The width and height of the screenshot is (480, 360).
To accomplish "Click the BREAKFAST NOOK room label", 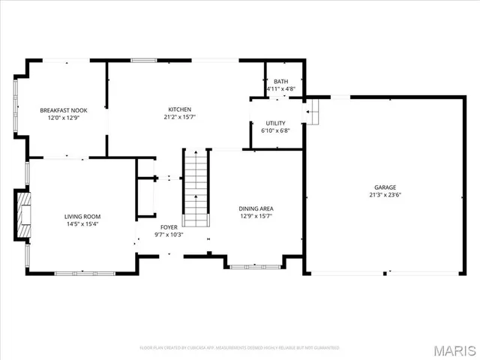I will (63, 110).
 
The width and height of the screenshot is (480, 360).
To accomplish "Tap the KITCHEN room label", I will (178, 109).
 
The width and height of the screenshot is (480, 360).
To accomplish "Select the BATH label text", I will (280, 82).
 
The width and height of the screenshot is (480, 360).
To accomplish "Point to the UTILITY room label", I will (275, 123).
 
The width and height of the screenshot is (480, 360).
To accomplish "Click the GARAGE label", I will (385, 187).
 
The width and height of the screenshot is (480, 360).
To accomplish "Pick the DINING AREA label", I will (256, 209).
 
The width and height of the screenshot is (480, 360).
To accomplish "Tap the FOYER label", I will (169, 226).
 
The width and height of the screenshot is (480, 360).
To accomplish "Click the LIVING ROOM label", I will (82, 217).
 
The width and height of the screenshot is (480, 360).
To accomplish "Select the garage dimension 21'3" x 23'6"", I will (385, 195).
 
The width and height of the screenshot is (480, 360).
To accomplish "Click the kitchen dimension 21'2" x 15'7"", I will (178, 117).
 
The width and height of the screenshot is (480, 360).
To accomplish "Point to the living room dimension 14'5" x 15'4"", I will (82, 224).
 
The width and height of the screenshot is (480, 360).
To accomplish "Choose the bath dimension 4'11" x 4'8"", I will (280, 88).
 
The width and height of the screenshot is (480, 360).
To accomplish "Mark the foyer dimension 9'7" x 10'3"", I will (169, 234).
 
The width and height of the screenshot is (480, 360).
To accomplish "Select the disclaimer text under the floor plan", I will (240, 348).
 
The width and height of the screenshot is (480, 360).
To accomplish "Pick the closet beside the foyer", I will (145, 197).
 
